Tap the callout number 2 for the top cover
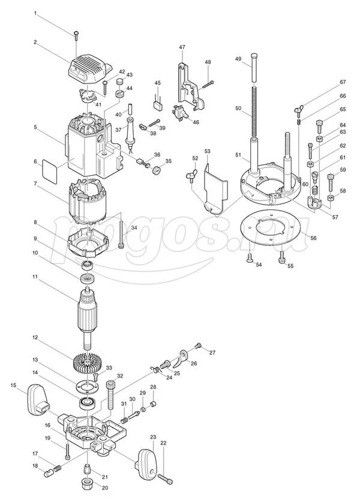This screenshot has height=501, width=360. [x=35, y=42]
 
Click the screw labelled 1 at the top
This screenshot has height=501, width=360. [x=76, y=34]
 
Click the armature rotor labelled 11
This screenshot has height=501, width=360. [x=89, y=312]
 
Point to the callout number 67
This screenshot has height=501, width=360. [x=343, y=82]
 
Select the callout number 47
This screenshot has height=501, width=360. [x=182, y=46]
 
